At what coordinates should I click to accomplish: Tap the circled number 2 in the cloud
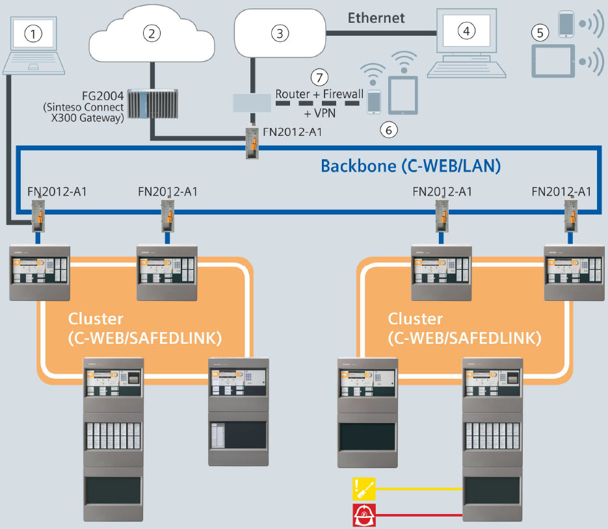[152, 34]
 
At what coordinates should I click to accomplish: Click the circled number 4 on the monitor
[465, 32]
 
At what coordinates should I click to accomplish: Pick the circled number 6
[388, 130]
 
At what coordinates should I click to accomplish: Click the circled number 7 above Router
[318, 77]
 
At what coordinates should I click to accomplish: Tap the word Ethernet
[376, 18]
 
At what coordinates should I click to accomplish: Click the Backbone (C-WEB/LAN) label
[410, 166]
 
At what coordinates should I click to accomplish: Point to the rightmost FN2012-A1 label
[561, 191]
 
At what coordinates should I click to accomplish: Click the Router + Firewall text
[319, 94]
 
